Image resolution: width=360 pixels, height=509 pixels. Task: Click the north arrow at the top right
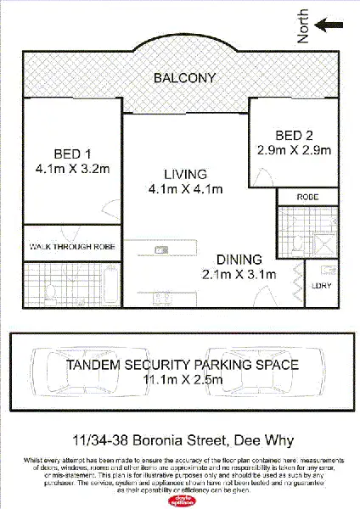click(x=331, y=25)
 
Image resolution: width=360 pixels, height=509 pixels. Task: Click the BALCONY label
click(x=184, y=78)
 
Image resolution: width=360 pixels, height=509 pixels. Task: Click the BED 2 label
click(x=295, y=136)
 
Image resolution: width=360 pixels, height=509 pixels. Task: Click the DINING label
click(x=240, y=260)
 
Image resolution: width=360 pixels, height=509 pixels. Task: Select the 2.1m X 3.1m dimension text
click(x=240, y=274)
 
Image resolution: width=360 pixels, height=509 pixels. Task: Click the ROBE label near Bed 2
click(x=307, y=197)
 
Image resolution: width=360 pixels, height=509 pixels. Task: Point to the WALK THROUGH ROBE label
click(x=71, y=246)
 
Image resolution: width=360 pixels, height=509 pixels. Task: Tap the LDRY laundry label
click(x=322, y=286)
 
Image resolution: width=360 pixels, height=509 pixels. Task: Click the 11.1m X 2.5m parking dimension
click(x=183, y=379)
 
